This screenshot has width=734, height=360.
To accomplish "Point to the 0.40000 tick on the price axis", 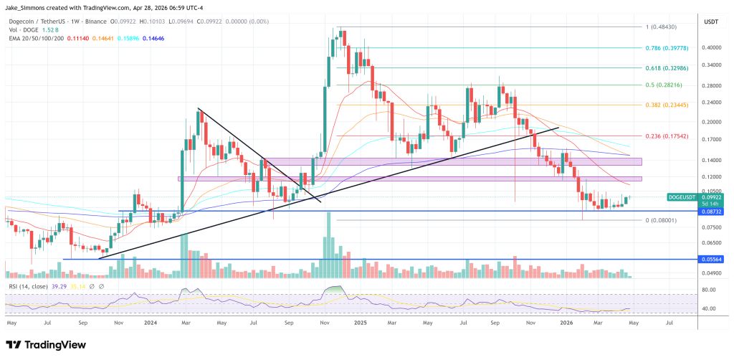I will (712, 47).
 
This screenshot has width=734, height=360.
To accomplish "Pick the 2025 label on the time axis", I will (361, 323).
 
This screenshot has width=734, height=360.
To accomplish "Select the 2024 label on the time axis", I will (151, 323).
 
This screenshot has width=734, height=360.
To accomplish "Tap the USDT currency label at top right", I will (711, 21).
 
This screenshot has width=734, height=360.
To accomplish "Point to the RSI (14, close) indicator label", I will (29, 285).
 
